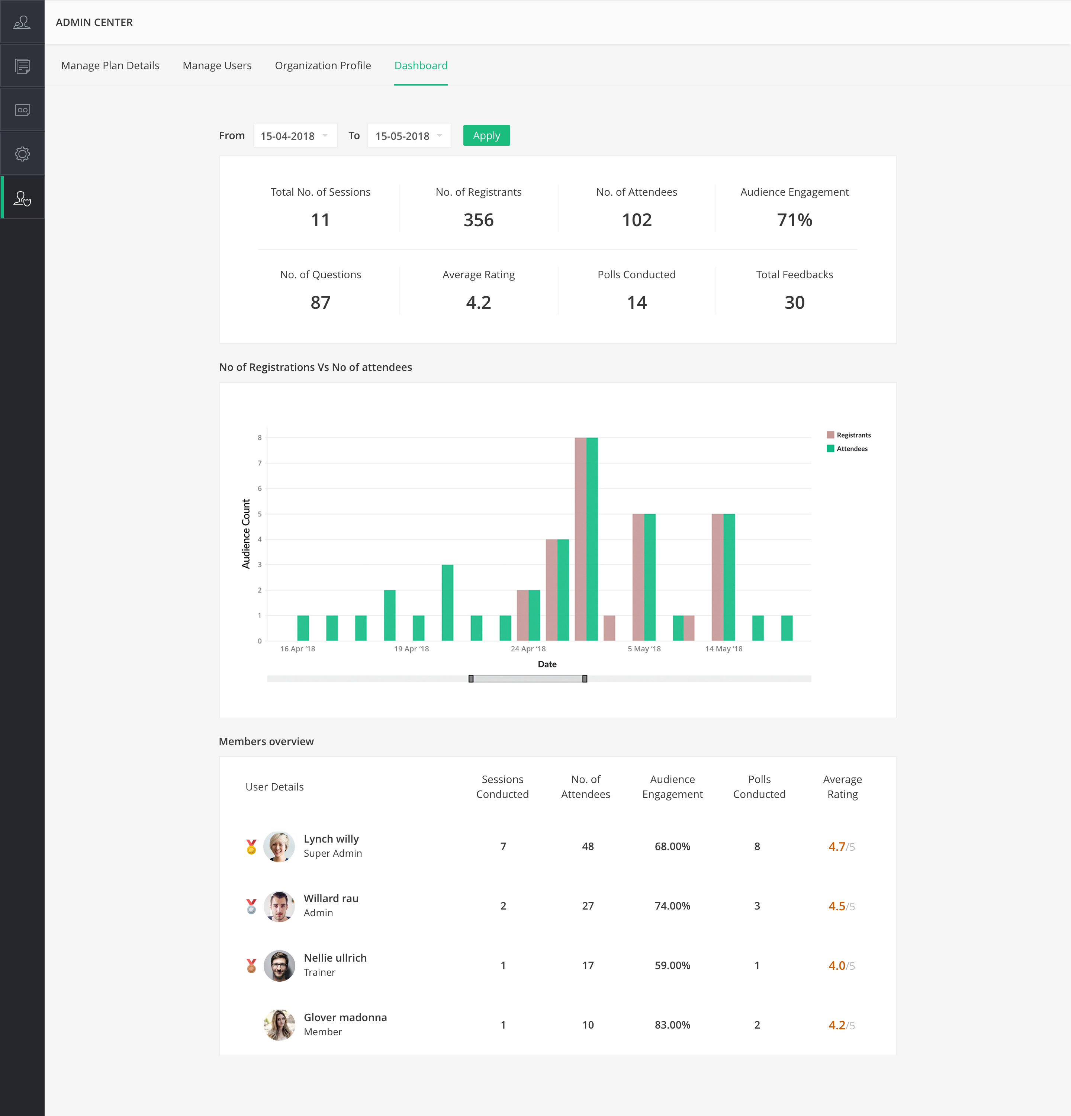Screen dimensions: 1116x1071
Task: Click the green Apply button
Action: (x=486, y=135)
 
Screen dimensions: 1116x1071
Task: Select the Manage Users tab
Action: (x=217, y=65)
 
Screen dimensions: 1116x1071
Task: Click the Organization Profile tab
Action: (x=323, y=65)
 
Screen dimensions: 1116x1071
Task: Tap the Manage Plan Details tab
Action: (x=110, y=65)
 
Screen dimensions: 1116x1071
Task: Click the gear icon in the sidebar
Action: (x=22, y=154)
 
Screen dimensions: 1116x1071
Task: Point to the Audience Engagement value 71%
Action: (x=794, y=220)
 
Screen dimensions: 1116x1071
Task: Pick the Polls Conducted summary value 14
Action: (x=636, y=302)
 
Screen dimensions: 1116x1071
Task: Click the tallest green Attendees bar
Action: (x=592, y=538)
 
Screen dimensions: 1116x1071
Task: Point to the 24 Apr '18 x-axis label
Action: (x=528, y=648)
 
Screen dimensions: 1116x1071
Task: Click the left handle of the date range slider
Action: (x=471, y=679)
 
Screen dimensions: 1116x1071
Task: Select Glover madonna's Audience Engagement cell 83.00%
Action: (x=672, y=1025)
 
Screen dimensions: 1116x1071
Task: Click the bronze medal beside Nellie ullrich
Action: (x=251, y=966)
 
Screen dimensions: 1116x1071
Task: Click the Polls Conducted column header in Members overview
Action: (x=759, y=786)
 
